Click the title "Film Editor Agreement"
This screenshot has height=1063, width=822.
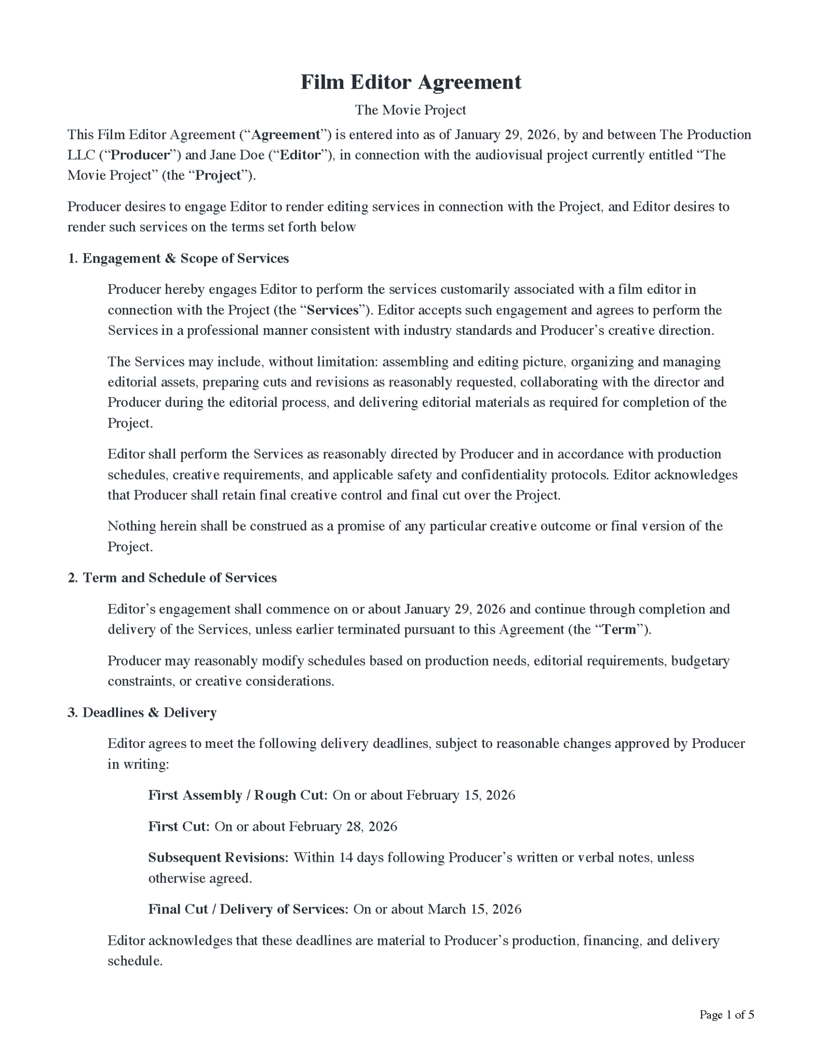[411, 82]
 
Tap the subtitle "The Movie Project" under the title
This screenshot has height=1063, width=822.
[411, 110]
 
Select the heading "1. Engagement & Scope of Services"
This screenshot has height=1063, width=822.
[178, 258]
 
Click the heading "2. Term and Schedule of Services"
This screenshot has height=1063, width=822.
[172, 578]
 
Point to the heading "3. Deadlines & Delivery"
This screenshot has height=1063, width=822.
[142, 712]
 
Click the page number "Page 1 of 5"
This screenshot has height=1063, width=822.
[726, 1014]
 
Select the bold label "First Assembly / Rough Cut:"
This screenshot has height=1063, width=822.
[238, 795]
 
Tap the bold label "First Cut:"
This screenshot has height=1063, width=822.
[179, 826]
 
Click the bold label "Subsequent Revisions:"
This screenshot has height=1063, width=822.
[218, 857]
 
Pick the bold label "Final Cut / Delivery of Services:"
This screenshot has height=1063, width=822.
[248, 909]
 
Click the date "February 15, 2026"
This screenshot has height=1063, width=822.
[461, 795]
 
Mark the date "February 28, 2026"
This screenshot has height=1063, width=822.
[343, 826]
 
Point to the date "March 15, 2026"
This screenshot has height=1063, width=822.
[475, 909]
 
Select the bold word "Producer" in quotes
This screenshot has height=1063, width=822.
[141, 155]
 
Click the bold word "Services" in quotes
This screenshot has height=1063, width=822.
[333, 310]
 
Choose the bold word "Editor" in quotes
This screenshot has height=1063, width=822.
[300, 155]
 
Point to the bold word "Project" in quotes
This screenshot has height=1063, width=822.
[218, 175]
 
